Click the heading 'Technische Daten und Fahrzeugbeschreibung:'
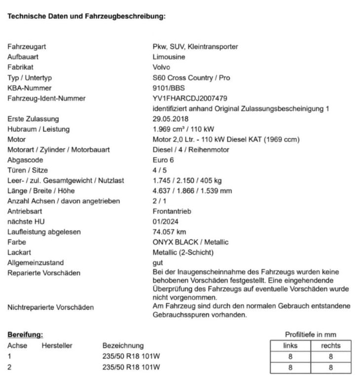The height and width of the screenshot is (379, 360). tap(86, 16)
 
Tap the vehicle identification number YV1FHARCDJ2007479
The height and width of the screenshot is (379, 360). tap(190, 98)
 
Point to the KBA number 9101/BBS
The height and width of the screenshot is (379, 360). tap(169, 88)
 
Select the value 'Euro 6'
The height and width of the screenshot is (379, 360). tap(163, 160)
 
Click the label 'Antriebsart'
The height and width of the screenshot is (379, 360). tap(24, 211)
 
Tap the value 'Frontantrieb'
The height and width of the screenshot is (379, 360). tap(172, 211)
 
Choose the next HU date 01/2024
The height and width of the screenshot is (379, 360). tap(165, 222)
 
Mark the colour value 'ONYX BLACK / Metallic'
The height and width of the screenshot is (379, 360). tap(190, 242)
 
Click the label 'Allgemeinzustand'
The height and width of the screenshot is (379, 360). tap(35, 263)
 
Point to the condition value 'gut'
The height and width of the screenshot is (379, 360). tap(158, 263)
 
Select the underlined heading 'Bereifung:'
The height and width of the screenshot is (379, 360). tap(25, 335)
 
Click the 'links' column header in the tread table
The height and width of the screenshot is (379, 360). tap(290, 346)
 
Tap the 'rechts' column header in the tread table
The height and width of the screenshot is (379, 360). tap(330, 346)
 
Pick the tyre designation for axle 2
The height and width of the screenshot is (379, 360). tap(131, 367)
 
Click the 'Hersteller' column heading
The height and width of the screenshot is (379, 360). tap(57, 346)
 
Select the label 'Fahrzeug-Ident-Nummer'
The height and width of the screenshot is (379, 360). tap(46, 98)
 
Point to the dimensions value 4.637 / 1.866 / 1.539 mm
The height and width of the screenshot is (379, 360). tap(192, 190)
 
